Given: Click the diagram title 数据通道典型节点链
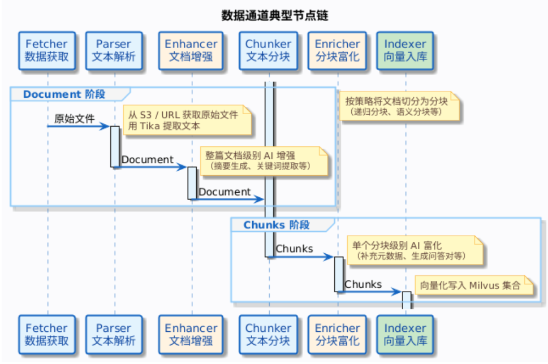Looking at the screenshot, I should pyautogui.click(x=274, y=16).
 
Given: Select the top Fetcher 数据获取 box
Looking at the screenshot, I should pyautogui.click(x=46, y=50).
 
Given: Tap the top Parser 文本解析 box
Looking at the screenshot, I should pyautogui.click(x=114, y=50).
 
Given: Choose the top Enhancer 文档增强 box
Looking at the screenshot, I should pyautogui.click(x=191, y=50).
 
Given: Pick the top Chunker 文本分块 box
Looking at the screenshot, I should pyautogui.click(x=268, y=50).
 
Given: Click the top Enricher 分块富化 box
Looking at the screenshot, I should pyautogui.click(x=337, y=50).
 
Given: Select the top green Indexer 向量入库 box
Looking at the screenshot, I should pyautogui.click(x=405, y=50).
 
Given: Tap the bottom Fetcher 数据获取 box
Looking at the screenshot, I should pyautogui.click(x=46, y=334).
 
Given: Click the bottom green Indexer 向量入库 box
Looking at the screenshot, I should pyautogui.click(x=405, y=334).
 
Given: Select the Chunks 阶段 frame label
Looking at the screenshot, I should pyautogui.click(x=277, y=225).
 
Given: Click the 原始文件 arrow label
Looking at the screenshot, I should pyautogui.click(x=74, y=119).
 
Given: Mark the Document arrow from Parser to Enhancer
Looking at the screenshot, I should pyautogui.click(x=148, y=160).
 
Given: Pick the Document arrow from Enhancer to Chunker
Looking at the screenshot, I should pyautogui.click(x=225, y=192).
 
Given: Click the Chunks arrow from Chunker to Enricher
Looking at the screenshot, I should pyautogui.click(x=294, y=249).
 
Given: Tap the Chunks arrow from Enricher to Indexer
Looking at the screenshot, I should pyautogui.click(x=363, y=284).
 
